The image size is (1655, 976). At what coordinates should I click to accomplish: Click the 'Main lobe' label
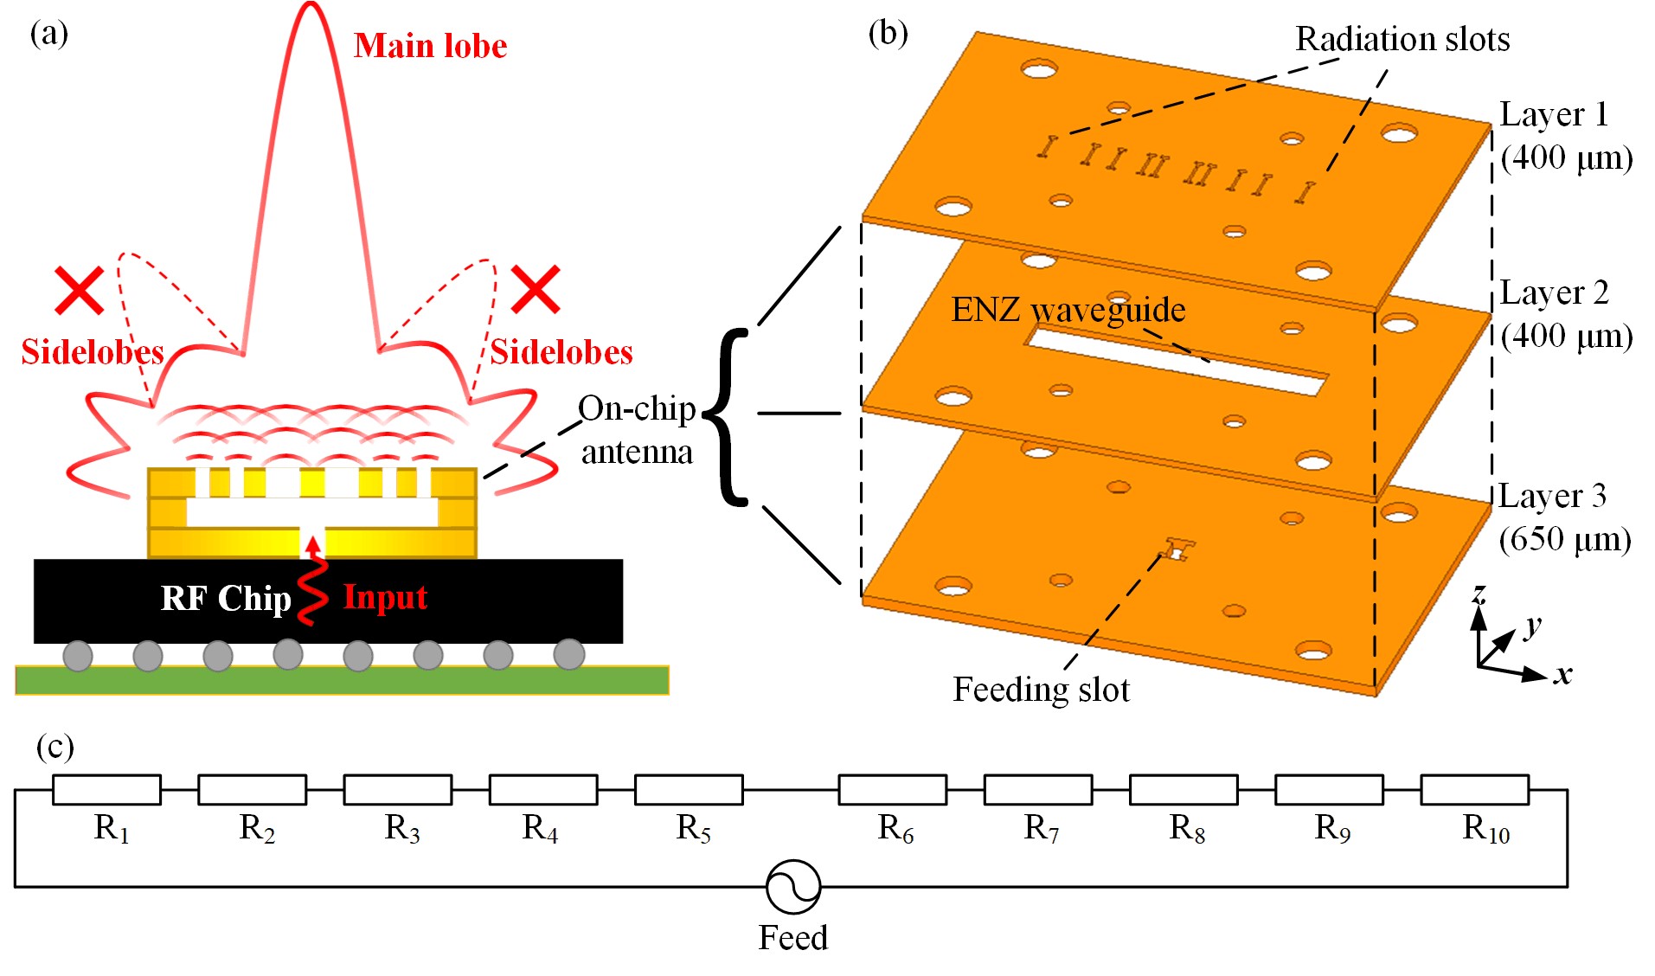(430, 46)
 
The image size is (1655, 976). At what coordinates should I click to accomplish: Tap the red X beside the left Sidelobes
(80, 290)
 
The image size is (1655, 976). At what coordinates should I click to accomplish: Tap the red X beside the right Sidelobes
(536, 289)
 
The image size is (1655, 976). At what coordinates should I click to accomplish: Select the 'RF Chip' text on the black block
(226, 598)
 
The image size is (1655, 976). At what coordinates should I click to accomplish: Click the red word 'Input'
(385, 597)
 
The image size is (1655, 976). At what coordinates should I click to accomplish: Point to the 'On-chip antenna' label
(637, 430)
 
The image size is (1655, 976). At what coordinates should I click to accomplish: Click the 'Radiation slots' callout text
(1402, 40)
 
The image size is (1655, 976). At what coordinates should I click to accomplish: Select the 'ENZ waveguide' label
(1068, 310)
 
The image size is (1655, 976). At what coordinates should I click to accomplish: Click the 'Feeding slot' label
(1041, 690)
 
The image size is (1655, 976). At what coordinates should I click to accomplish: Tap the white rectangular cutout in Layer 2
(1177, 358)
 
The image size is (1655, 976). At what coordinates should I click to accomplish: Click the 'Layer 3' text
(1553, 496)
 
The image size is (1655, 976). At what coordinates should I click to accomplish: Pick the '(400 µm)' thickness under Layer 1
(1567, 157)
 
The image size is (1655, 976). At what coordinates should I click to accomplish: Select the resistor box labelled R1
(106, 790)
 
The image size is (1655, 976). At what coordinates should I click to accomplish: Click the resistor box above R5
(689, 790)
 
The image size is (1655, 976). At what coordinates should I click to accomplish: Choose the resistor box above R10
(1475, 790)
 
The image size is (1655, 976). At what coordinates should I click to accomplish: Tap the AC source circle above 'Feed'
(793, 887)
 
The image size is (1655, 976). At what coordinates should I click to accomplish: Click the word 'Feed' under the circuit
(793, 938)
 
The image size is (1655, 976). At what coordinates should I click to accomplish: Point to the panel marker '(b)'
(888, 33)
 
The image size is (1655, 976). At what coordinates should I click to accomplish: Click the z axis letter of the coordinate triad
(1479, 594)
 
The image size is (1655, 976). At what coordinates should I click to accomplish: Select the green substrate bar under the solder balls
(342, 680)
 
